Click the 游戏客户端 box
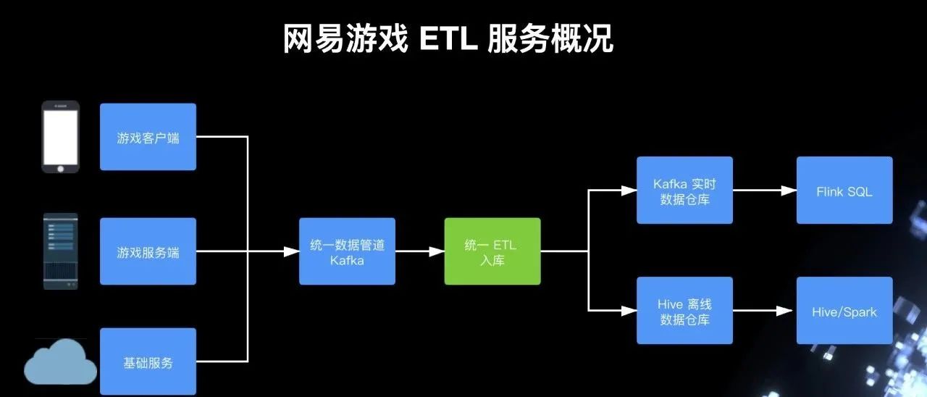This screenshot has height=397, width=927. pyautogui.click(x=148, y=137)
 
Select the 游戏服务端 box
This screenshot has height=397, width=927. pyautogui.click(x=148, y=251)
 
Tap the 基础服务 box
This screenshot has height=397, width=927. pyautogui.click(x=148, y=362)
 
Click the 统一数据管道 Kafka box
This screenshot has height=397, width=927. pyautogui.click(x=347, y=251)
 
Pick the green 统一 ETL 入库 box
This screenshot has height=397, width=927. pyautogui.click(x=492, y=251)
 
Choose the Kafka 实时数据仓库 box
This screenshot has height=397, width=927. pyautogui.click(x=684, y=190)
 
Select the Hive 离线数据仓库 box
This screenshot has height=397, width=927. pyautogui.click(x=684, y=311)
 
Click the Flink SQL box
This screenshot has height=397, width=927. pyautogui.click(x=844, y=190)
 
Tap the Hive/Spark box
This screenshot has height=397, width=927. pyautogui.click(x=844, y=311)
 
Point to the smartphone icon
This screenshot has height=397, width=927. pyautogui.click(x=60, y=137)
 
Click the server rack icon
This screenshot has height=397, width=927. pyautogui.click(x=60, y=251)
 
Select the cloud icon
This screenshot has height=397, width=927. pyautogui.click(x=60, y=362)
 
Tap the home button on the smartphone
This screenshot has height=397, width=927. pyautogui.click(x=60, y=169)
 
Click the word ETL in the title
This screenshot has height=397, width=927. pyautogui.click(x=448, y=38)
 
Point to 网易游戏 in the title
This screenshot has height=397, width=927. pyautogui.click(x=345, y=38)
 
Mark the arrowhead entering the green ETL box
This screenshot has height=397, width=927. pyautogui.click(x=437, y=251)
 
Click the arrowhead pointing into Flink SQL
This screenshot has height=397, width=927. pyautogui.click(x=789, y=191)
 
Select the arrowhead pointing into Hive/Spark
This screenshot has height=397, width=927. pyautogui.click(x=784, y=311)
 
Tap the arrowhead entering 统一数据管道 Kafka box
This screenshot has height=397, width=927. pyautogui.click(x=291, y=251)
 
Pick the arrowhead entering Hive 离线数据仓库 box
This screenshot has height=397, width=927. pyautogui.click(x=629, y=311)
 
